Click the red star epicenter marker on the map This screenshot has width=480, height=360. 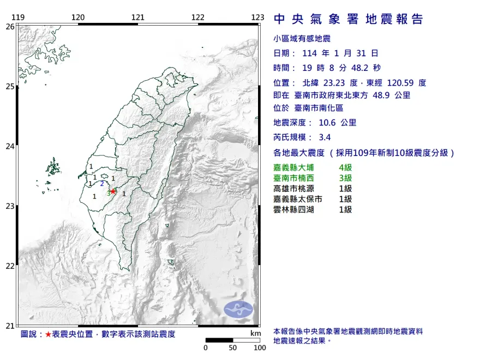click(x=113, y=191)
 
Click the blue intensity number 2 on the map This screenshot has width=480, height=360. click(x=102, y=184)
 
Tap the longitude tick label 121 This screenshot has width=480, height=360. click(x=138, y=17)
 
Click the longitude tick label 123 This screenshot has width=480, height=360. click(x=258, y=17)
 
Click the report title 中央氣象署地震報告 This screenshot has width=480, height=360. click(x=348, y=19)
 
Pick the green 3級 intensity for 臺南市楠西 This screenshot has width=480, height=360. click(x=345, y=178)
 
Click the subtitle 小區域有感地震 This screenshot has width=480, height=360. click(x=302, y=39)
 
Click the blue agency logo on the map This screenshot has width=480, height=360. click(x=239, y=309)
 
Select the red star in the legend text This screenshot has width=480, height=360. click(x=49, y=334)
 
